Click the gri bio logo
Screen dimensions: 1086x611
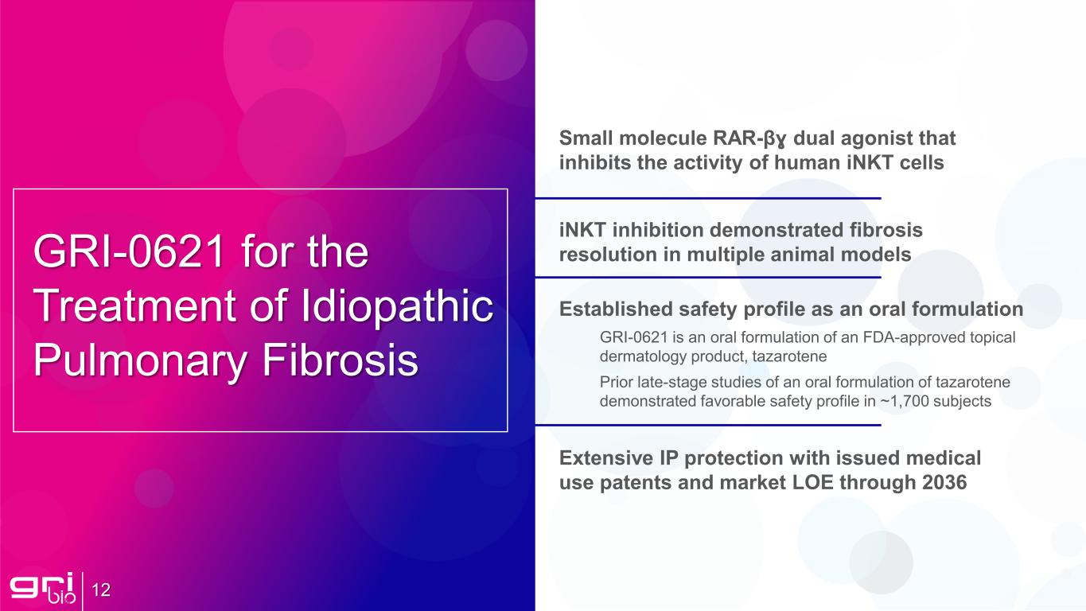click(x=43, y=588)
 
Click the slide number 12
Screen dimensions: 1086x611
click(x=101, y=590)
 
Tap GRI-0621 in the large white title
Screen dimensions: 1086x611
click(x=129, y=251)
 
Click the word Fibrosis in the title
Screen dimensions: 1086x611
click(x=340, y=360)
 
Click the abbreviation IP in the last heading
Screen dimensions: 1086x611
click(x=668, y=458)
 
